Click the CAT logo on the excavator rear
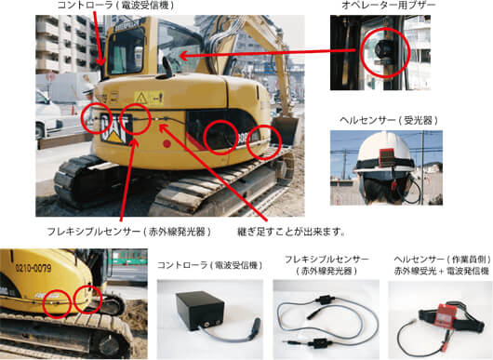coord(115,129)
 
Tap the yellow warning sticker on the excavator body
coord(150,98)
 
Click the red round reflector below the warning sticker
coord(167,144)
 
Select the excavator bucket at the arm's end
coord(285,129)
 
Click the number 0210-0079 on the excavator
coord(33,268)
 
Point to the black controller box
coord(200,310)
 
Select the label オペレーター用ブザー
coord(388,6)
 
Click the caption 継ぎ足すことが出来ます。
coord(291,232)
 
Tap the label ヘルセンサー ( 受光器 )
coord(389,120)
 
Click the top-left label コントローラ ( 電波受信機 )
coord(115,5)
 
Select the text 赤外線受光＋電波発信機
coord(442,271)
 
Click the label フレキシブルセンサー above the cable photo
coord(326,260)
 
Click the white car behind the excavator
coord(47,113)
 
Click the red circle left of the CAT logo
coord(96,118)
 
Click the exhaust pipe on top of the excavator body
coord(167,67)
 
